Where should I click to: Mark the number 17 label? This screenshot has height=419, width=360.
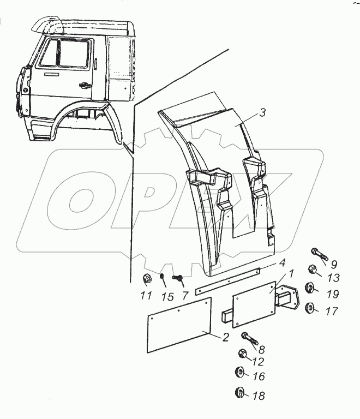332,312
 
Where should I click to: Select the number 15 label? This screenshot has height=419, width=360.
167,297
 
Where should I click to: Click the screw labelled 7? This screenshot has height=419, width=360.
178,279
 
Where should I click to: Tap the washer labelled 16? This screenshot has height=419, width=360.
240,374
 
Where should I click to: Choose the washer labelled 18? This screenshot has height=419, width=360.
241,392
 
